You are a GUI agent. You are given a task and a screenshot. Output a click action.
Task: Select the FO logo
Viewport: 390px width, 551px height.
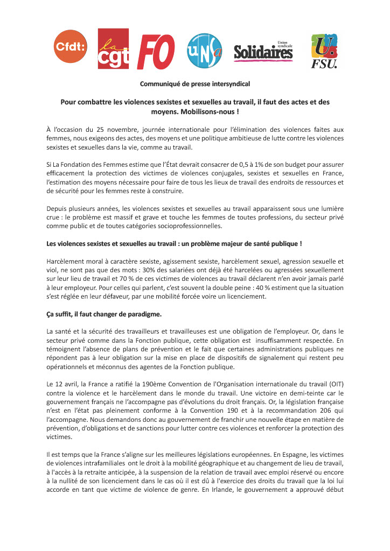[x=156, y=52]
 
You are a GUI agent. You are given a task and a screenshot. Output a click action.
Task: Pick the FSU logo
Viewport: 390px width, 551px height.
[x=324, y=51]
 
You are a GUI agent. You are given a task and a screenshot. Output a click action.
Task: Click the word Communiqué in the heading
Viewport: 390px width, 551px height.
[x=159, y=84]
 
